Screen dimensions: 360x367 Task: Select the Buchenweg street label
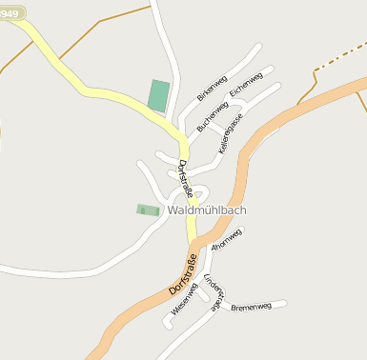[213, 116]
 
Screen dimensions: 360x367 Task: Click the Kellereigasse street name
[231, 133]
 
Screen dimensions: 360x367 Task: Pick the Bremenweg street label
[252, 307]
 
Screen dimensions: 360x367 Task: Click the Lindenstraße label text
[213, 290]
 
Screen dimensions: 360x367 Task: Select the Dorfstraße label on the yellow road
[185, 178]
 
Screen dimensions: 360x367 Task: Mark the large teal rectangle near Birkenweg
[158, 96]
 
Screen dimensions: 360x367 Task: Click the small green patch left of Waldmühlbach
[147, 210]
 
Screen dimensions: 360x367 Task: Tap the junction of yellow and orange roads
[194, 241]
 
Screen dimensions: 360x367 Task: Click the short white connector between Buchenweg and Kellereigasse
[219, 127]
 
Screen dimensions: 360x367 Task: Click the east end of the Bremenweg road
[284, 305]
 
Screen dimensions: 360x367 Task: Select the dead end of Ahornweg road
[242, 230]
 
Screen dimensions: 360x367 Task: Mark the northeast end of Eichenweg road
[271, 69]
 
